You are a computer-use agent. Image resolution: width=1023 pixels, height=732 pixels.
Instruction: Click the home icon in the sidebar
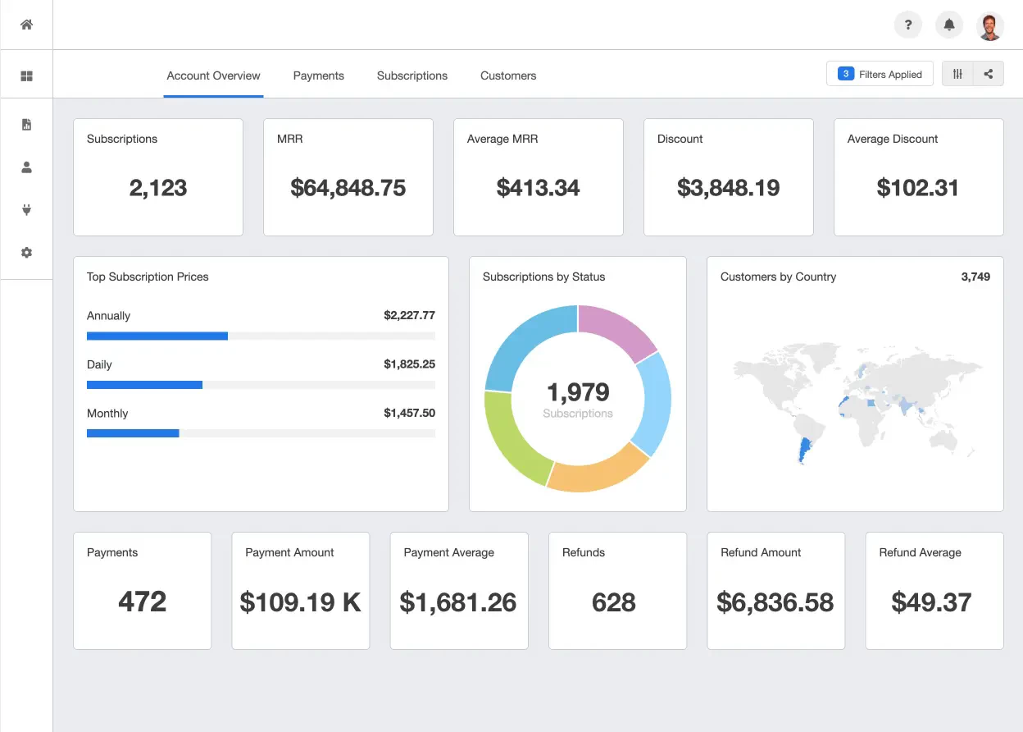pos(26,25)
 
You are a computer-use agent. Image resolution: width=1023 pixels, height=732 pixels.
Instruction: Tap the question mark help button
pos(908,25)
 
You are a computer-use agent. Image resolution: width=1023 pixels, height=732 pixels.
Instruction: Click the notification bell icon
pos(949,25)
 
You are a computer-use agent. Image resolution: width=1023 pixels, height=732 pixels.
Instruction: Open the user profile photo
pos(989,26)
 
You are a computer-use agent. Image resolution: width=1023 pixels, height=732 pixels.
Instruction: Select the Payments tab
pos(318,75)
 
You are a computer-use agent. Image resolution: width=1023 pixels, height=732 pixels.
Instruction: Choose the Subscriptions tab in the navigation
pos(412,75)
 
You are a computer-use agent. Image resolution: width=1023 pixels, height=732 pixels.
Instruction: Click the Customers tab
pos(508,75)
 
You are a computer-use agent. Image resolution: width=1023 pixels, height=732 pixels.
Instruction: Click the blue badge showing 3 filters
pos(845,74)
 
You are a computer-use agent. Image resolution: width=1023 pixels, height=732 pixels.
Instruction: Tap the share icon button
pos(989,74)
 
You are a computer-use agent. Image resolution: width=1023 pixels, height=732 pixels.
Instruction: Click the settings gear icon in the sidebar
pos(26,253)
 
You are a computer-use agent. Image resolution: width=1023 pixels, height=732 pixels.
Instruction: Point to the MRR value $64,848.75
pos(348,187)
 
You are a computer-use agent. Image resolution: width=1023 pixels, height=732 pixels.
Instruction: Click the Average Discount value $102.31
pos(917,187)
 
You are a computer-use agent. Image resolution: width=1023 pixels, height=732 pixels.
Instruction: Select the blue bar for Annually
pos(157,336)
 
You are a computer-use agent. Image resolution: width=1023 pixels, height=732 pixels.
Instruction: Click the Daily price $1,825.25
pos(409,364)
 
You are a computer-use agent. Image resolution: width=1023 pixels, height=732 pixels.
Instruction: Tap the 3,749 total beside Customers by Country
pos(975,277)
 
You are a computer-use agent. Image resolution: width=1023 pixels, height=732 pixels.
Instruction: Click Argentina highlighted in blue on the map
pos(804,450)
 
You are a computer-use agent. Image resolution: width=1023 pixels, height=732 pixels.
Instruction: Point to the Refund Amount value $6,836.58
pos(775,602)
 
